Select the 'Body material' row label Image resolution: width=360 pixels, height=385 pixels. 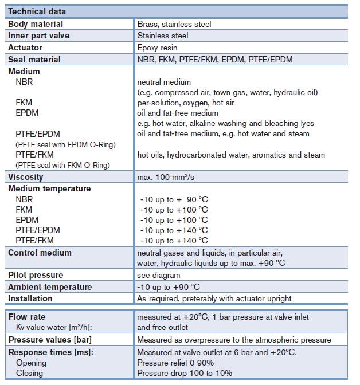tap(36, 24)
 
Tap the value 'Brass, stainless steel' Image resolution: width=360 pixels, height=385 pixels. tap(174, 24)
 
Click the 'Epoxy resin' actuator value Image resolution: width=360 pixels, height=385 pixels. tap(157, 48)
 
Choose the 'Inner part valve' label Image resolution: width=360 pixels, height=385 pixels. tap(38, 36)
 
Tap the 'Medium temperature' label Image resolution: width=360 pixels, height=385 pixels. tap(49, 188)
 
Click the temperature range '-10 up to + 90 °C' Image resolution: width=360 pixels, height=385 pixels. tap(174, 199)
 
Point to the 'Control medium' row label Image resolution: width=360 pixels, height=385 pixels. tap(40, 253)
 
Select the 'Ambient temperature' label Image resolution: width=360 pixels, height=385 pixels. tap(50, 286)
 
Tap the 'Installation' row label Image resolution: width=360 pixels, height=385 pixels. tap(30, 298)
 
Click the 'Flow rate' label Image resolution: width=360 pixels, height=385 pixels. tap(27, 317)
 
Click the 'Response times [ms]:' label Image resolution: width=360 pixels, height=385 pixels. tap(51, 352)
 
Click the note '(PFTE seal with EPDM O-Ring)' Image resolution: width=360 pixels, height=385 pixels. tap(65, 144)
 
